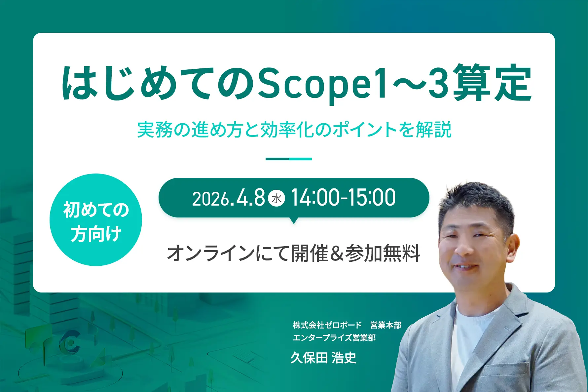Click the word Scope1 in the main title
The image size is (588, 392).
322,83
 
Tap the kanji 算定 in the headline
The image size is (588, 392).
492,83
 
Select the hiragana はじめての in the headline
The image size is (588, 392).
159,83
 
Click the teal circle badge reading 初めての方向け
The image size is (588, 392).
96,220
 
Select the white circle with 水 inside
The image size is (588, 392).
276,198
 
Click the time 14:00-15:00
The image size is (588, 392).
343,198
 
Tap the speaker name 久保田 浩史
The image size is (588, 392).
323,358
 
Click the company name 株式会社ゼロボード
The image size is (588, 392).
327,325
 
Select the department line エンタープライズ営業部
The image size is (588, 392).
334,338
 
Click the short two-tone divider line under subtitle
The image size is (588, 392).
289,159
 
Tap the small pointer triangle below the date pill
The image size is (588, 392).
293,220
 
